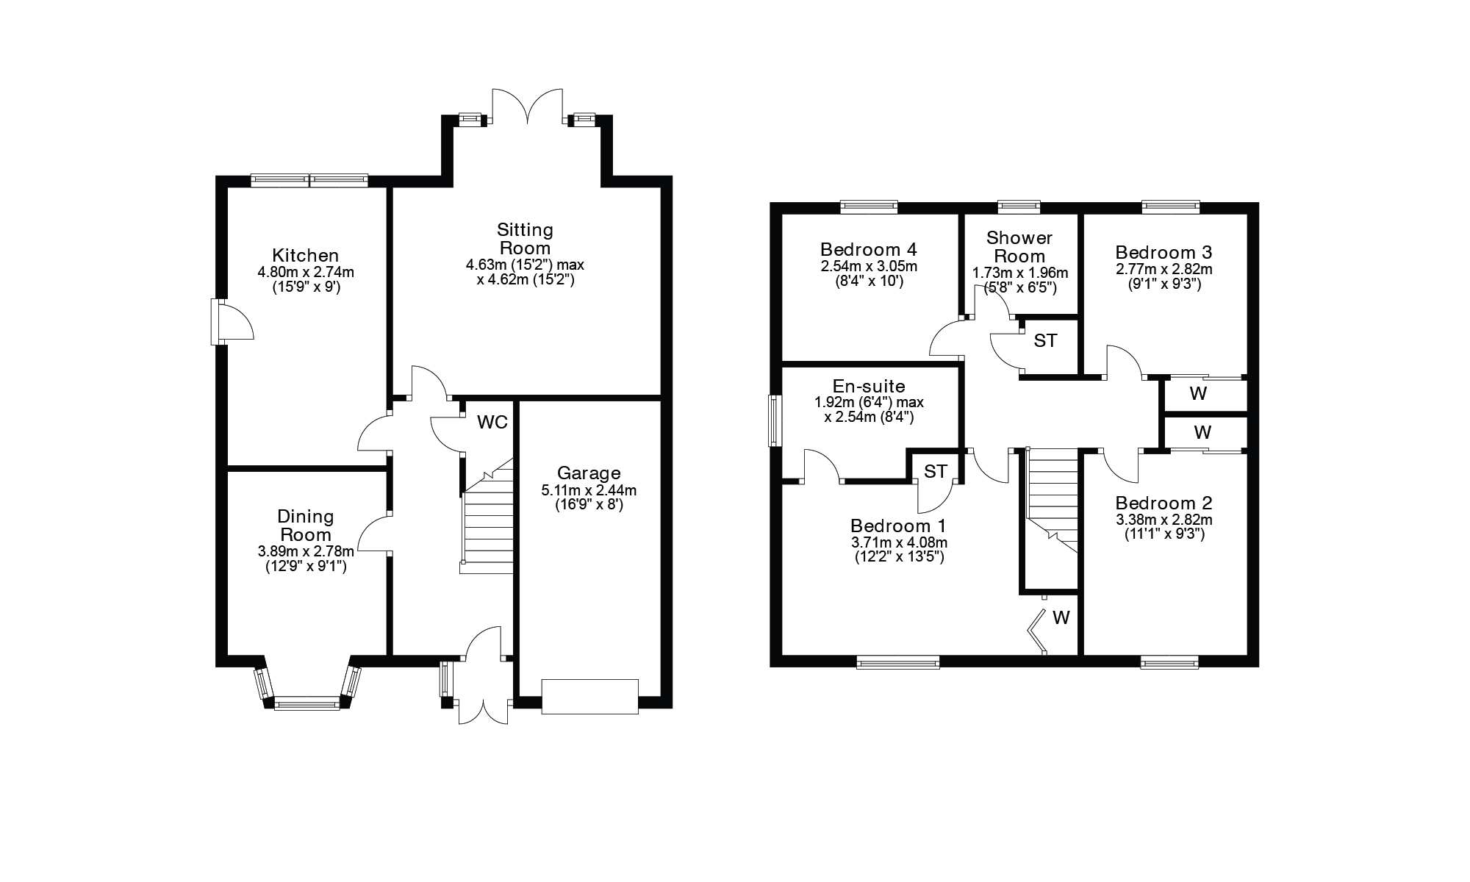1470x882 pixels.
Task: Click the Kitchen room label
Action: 305,255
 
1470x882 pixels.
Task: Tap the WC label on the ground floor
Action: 492,422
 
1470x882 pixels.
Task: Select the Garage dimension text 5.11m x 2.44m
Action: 588,490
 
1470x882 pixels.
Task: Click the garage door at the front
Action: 589,696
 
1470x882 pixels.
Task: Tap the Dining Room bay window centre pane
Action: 307,704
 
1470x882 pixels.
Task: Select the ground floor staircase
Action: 487,522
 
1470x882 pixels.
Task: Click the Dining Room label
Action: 305,526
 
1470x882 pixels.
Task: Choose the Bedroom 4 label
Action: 869,249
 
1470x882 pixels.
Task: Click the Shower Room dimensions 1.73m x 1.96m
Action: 1019,273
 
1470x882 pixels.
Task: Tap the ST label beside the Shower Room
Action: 1045,340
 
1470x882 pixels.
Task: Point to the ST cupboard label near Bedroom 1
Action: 935,471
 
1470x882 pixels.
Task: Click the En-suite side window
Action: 774,420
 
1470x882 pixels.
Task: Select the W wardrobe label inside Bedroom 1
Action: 1061,618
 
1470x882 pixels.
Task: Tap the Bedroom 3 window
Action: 1171,207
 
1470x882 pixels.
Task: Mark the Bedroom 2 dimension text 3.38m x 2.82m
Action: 1164,520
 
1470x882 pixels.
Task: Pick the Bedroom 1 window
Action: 898,662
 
